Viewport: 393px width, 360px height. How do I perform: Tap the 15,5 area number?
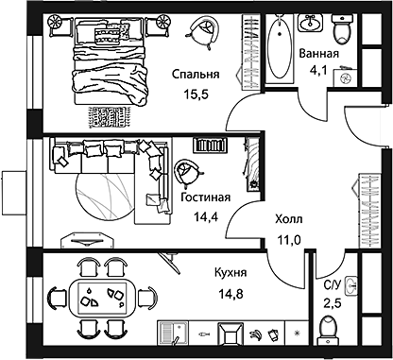pos(196,94)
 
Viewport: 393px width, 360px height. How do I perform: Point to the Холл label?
pos(288,219)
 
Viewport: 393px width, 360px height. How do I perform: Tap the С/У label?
pos(333,284)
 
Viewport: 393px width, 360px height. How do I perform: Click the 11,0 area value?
pos(288,238)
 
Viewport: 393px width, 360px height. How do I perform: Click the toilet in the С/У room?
pos(328,332)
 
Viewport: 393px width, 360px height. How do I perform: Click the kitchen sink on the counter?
pos(173,334)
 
